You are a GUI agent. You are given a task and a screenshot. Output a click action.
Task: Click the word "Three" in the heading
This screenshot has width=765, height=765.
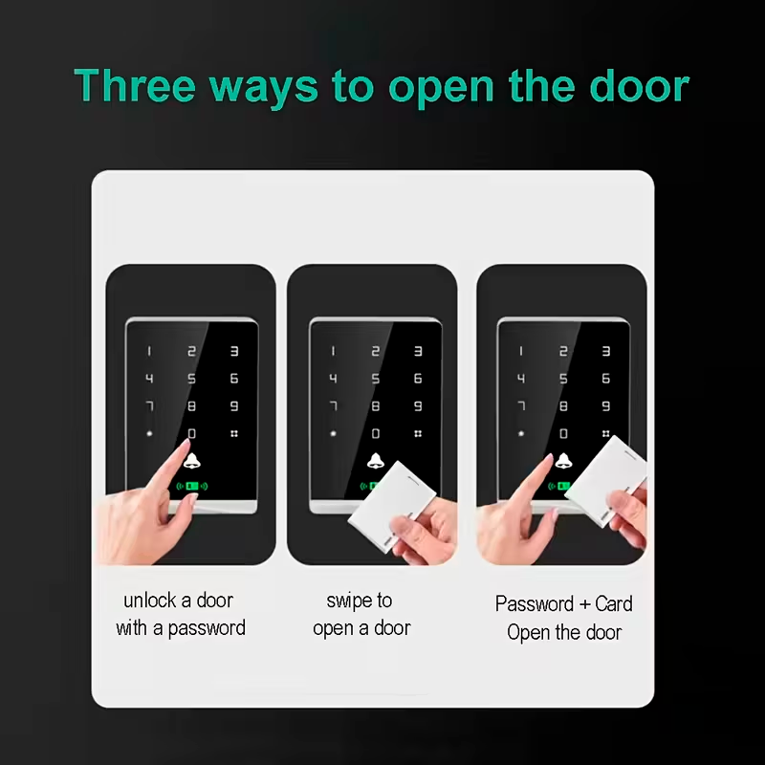pos(135,85)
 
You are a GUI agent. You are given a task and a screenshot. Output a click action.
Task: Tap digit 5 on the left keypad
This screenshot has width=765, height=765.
pos(192,379)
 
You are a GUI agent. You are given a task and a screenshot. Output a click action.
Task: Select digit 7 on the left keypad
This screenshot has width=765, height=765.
pos(150,405)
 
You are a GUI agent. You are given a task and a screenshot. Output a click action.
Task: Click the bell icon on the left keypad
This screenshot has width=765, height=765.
pos(192,461)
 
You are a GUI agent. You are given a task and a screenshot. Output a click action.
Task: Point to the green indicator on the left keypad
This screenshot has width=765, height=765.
pos(192,486)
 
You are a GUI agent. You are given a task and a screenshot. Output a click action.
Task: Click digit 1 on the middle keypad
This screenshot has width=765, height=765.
pos(333,351)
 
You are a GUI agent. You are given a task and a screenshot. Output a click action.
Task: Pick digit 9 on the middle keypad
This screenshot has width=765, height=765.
pos(418,405)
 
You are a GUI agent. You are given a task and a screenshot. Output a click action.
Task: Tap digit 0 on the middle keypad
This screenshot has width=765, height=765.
pos(376,433)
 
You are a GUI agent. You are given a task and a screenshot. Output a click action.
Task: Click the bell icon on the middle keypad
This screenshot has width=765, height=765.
pos(375,461)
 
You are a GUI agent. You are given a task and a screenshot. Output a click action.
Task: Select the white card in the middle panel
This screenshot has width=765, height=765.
pos(392,507)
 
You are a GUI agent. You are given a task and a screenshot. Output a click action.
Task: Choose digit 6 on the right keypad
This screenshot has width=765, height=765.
pos(606,379)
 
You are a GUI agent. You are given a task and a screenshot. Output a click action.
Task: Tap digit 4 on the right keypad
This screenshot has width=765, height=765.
pos(521,379)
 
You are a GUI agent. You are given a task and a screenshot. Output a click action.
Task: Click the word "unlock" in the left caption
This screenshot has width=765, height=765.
pos(150,601)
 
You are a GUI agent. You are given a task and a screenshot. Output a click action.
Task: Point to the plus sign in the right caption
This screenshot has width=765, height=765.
pos(585,605)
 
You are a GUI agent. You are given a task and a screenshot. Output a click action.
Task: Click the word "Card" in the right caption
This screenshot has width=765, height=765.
pos(614,604)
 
